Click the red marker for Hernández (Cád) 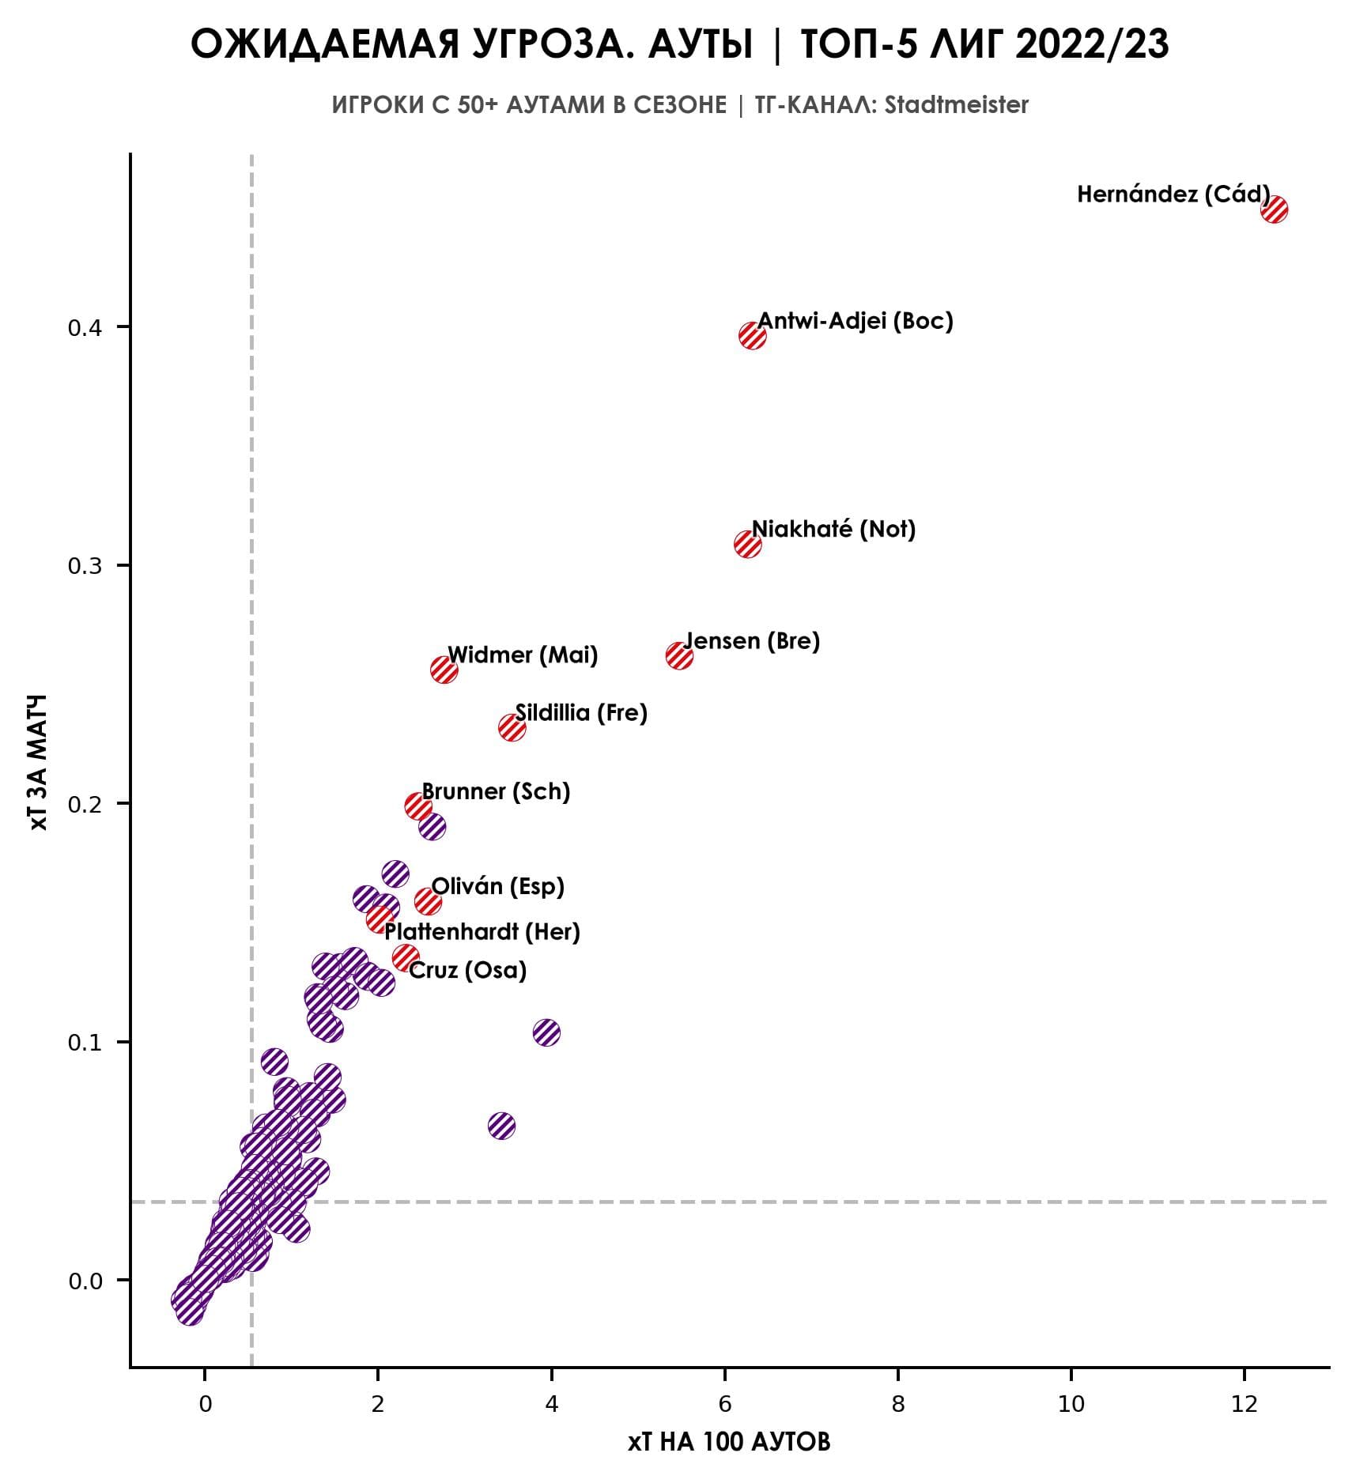pos(1274,209)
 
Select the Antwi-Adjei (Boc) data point pos(752,336)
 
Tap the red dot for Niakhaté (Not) pos(747,544)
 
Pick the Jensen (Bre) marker pos(679,655)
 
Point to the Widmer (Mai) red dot pos(444,670)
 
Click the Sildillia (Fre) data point pos(512,727)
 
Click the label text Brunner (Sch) pos(496,791)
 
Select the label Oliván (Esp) pos(497,886)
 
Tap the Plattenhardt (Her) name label pos(482,932)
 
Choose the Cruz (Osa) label pos(467,970)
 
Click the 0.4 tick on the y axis pos(85,327)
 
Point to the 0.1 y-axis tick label pos(85,1043)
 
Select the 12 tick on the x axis pos(1245,1404)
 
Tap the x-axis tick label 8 pos(898,1404)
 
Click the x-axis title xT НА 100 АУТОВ pos(729,1443)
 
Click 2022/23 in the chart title pos(1091,45)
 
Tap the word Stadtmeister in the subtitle pos(956,105)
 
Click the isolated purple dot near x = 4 pos(546,1032)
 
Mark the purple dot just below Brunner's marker pos(432,828)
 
